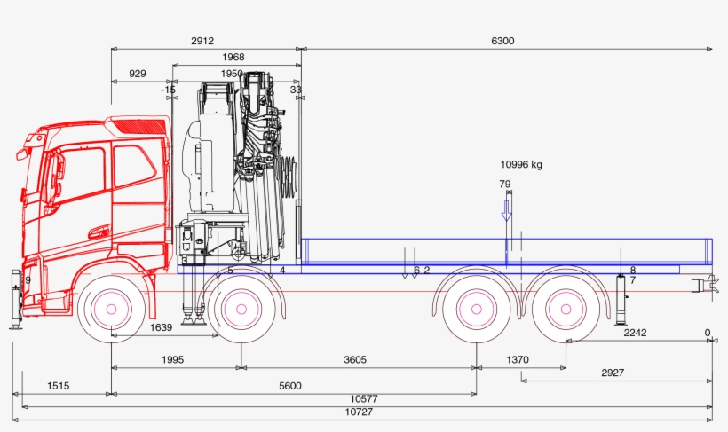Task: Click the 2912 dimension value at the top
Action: pos(202,41)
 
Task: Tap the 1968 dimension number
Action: pos(233,58)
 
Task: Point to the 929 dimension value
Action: pos(138,74)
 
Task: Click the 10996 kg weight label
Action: pos(521,164)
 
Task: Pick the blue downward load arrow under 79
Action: pos(506,211)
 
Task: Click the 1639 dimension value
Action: pos(161,327)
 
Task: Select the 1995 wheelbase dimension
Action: pos(174,359)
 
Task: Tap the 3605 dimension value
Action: pos(355,359)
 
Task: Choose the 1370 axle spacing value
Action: pos(518,359)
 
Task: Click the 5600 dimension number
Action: pos(290,385)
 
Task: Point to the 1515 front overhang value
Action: pos(59,385)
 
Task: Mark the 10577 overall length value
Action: pos(361,398)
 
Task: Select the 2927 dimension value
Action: pos(613,373)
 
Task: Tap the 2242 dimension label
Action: pos(635,333)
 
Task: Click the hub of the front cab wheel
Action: pos(112,309)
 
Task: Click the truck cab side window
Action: pos(134,165)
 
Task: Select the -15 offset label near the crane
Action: pos(169,90)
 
